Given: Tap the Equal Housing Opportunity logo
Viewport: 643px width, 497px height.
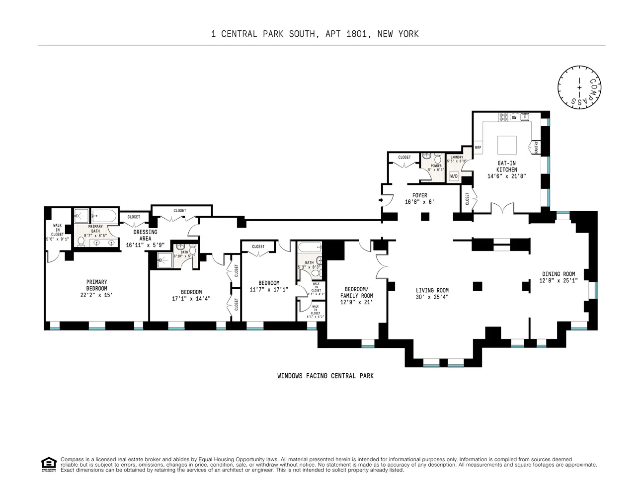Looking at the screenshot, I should [x=48, y=464].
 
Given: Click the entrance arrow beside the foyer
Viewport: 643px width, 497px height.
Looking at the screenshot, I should [x=381, y=200].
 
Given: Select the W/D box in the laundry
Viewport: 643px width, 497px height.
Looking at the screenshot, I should [x=454, y=176].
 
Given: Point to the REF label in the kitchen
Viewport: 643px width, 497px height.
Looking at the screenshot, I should [x=478, y=148].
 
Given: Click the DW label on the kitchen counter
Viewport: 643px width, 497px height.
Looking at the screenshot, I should [x=514, y=118].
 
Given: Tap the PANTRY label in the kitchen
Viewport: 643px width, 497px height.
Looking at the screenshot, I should [x=536, y=147].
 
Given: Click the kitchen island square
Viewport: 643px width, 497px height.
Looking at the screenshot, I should [x=507, y=146].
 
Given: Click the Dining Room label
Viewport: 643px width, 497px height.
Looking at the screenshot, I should [x=558, y=274].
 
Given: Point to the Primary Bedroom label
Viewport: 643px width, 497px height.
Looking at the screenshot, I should [x=96, y=285].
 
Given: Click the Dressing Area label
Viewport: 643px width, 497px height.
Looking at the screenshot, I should [x=145, y=235].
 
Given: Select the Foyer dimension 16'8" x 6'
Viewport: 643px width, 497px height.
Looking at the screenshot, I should [x=419, y=202].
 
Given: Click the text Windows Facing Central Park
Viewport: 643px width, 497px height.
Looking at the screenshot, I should [x=325, y=376].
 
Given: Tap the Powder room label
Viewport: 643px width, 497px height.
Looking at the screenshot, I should [x=436, y=166].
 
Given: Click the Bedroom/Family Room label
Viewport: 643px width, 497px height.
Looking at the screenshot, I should [x=356, y=292].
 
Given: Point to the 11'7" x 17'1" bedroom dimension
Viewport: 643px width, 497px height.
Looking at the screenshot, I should [x=269, y=290].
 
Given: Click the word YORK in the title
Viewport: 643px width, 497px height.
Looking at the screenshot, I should [x=407, y=34].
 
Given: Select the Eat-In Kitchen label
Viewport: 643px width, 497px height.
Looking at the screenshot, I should [x=507, y=166].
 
